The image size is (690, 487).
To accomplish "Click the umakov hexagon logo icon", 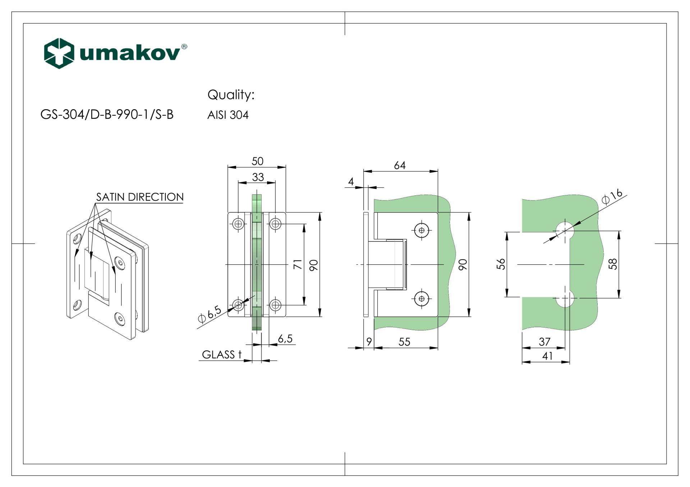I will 59,53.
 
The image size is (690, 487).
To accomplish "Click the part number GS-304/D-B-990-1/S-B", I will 107,115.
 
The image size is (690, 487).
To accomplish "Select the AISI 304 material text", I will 228,115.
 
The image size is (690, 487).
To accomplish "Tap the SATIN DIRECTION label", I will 140,197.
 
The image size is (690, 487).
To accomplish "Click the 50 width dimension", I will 257,161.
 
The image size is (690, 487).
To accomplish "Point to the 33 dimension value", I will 258,177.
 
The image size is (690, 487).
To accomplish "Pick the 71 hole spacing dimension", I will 298,264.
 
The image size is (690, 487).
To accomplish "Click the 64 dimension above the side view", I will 400,165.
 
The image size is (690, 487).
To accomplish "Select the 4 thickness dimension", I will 351,181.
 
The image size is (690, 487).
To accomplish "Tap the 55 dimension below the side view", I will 404,342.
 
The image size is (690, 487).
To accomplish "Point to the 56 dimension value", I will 501,264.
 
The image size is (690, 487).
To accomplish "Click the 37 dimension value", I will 544,342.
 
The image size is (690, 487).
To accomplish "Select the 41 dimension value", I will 547,356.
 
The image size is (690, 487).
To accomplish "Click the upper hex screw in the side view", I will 422,230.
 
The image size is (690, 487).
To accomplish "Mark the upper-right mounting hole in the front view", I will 275,224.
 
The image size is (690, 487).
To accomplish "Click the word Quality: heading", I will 231,95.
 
